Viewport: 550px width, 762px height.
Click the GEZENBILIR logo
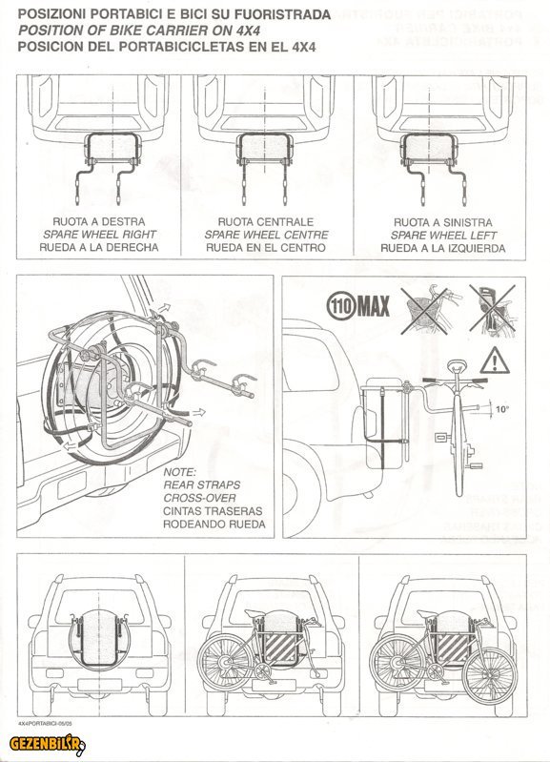click(x=48, y=744)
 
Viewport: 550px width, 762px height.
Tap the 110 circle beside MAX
click(x=342, y=306)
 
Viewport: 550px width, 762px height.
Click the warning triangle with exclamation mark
click(x=494, y=361)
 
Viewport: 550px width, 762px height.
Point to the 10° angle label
click(x=502, y=409)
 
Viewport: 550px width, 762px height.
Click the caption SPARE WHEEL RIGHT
click(x=99, y=235)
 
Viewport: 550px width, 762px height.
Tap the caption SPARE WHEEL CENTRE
click(x=266, y=235)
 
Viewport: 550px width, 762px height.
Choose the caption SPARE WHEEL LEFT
click(x=443, y=236)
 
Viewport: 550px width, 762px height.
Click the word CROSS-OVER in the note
click(x=199, y=498)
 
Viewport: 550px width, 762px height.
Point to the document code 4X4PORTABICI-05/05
click(x=46, y=723)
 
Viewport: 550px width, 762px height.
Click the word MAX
click(x=374, y=307)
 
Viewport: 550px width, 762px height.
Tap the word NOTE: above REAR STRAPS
click(x=180, y=472)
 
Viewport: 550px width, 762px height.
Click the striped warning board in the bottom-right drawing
click(x=453, y=648)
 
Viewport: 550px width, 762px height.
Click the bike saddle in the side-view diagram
click(x=458, y=364)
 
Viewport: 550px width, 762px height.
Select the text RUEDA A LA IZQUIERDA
click(x=443, y=248)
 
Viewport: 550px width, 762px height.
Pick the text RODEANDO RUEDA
click(x=214, y=525)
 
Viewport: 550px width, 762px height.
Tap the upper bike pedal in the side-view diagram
click(x=440, y=437)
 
